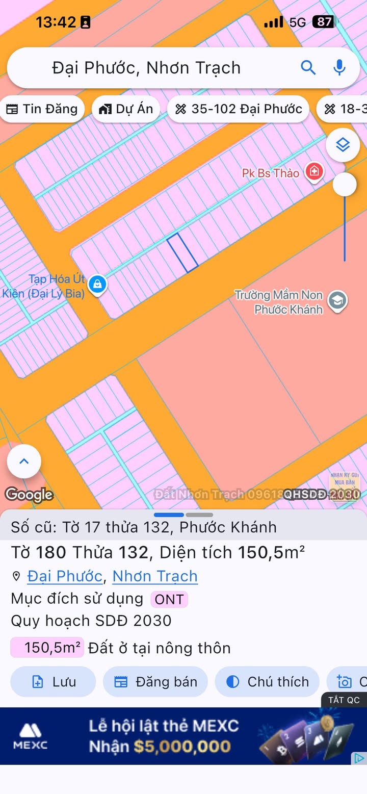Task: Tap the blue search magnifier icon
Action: [308, 67]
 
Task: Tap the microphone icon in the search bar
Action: [339, 67]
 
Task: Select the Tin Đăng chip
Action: [42, 109]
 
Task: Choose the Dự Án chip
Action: [126, 109]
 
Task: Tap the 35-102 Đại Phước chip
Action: [238, 109]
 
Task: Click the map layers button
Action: [343, 145]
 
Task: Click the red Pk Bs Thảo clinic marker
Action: [314, 171]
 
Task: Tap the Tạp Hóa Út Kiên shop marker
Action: [97, 284]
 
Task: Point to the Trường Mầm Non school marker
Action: [337, 300]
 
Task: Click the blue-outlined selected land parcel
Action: [182, 253]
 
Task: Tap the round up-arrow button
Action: [24, 462]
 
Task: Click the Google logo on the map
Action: [29, 495]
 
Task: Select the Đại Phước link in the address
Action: [65, 576]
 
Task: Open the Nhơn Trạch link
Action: [155, 576]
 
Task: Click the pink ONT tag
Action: [169, 599]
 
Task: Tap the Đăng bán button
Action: [155, 682]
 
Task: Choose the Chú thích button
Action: [267, 682]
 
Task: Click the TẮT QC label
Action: [344, 700]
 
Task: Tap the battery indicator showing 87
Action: [324, 22]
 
